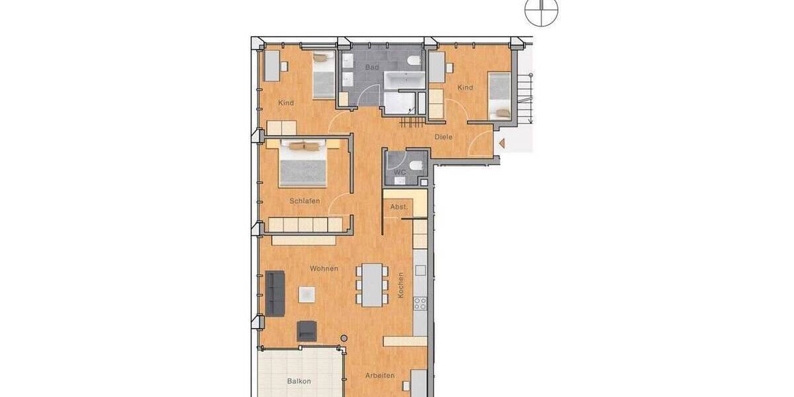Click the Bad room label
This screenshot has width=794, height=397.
pos(372,67)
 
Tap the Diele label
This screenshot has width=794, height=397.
pos(443,137)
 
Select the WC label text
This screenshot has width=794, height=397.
pos(399,172)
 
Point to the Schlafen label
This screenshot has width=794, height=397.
pos(304,200)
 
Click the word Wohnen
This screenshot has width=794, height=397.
pos(324,269)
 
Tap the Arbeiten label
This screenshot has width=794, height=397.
pos(380,376)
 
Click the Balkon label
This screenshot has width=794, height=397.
pos(299,381)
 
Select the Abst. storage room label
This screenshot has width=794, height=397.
pos(399,207)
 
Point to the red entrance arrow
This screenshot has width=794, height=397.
pos(502,142)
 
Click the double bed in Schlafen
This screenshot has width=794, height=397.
pos(303,163)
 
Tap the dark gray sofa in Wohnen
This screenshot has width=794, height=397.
pos(275,293)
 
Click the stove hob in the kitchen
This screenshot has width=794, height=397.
pos(419,303)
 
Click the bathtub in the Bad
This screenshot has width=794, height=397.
pos(405,82)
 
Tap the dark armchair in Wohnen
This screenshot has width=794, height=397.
pos(307,330)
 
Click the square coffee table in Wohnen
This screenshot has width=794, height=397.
pos(306,294)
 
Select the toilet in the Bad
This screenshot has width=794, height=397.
pos(414,62)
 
